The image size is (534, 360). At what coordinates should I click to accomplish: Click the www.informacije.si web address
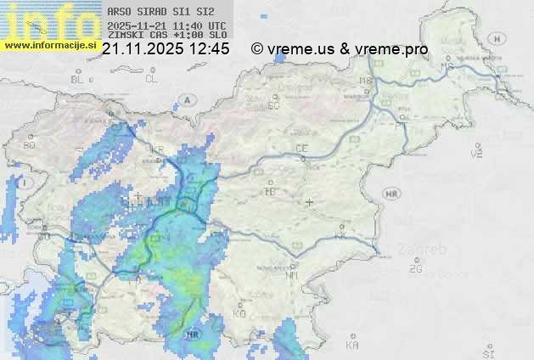[48, 44]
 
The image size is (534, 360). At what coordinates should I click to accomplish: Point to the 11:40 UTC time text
[200, 26]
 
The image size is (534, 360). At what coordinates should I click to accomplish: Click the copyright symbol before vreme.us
[257, 49]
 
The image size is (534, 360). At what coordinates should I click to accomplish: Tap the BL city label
[77, 79]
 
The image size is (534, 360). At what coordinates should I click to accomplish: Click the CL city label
[152, 79]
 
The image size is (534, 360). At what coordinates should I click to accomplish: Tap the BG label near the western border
[30, 145]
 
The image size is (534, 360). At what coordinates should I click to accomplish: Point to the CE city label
[301, 148]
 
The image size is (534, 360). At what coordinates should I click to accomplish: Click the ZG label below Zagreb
[415, 269]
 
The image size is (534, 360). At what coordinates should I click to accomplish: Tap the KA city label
[352, 345]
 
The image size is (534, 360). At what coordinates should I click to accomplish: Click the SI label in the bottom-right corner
[487, 350]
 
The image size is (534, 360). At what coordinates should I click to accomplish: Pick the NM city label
[292, 275]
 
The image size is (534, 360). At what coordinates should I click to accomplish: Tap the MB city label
[366, 81]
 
